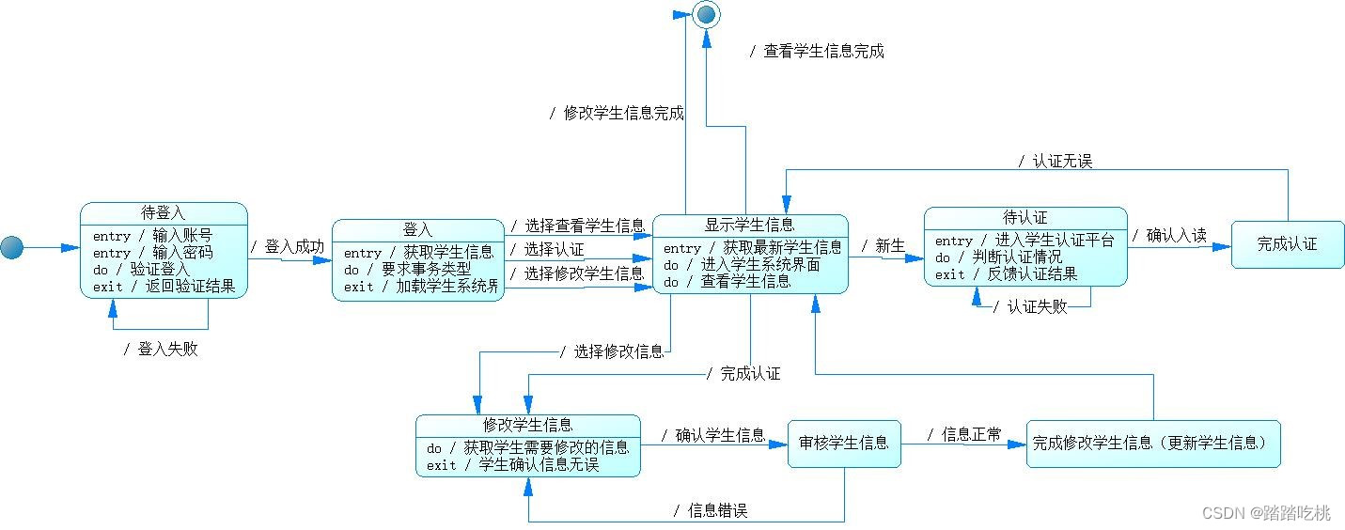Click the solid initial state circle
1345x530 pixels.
[x=11, y=247]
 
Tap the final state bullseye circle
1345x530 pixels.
[x=706, y=12]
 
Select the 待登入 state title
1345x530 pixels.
[x=164, y=213]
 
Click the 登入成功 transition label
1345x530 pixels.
[x=289, y=246]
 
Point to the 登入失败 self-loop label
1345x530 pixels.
[x=162, y=350]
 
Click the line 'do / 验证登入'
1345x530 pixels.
[x=141, y=270]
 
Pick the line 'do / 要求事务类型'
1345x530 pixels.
[x=407, y=269]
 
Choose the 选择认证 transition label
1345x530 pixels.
[x=547, y=249]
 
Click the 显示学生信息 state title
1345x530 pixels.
[x=750, y=225]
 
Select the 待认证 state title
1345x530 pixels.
[x=1025, y=218]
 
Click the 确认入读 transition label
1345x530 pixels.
[x=1170, y=235]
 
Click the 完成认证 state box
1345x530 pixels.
[x=1288, y=244]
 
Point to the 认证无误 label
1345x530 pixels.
[x=1056, y=161]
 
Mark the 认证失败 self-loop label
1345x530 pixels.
[x=1031, y=306]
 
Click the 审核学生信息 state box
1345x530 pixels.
[x=843, y=442]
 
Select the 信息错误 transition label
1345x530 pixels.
[x=712, y=510]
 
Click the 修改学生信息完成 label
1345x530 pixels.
[x=618, y=113]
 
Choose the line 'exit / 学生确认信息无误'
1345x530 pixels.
[x=512, y=464]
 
